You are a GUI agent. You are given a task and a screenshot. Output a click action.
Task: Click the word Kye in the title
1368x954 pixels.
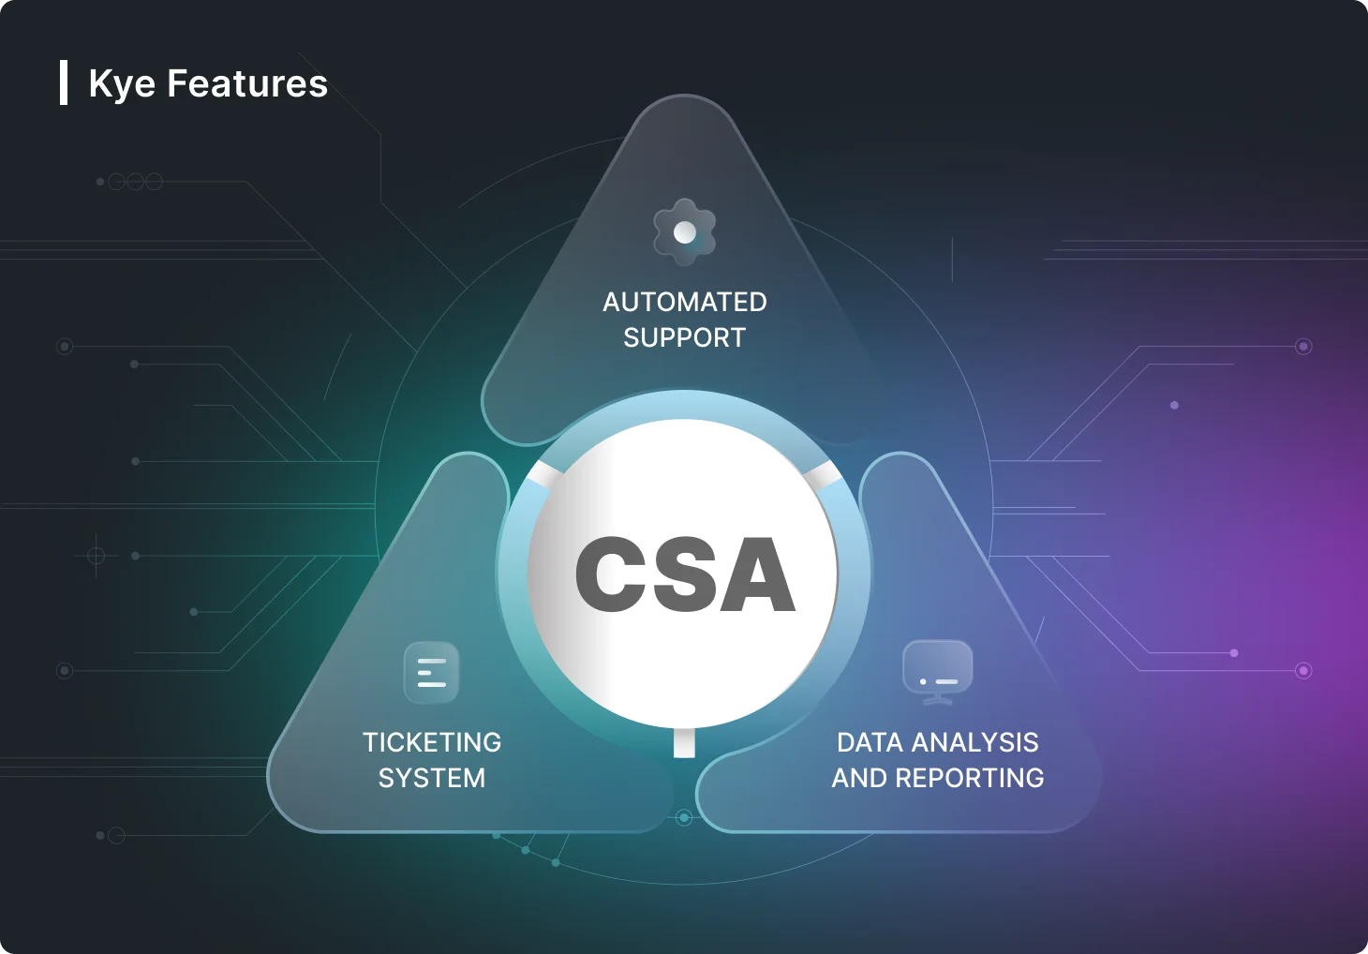point(122,84)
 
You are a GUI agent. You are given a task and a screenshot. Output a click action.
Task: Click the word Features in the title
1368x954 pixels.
point(247,83)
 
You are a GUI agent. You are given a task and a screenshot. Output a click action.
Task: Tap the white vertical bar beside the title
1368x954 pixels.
point(64,82)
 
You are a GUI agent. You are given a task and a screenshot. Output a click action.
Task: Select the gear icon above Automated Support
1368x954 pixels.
point(684,232)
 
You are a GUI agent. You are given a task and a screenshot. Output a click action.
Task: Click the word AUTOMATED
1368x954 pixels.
point(685,303)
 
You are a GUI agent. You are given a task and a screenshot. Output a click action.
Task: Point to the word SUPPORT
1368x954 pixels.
point(685,337)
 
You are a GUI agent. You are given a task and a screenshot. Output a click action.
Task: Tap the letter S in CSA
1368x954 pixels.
point(682,574)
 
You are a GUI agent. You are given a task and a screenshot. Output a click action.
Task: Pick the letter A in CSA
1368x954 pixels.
point(756,574)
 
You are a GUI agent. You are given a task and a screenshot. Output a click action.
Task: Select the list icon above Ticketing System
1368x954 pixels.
point(431,673)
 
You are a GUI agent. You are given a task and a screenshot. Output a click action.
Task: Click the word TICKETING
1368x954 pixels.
point(432,743)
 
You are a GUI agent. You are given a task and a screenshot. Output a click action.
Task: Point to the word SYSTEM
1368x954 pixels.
point(432,778)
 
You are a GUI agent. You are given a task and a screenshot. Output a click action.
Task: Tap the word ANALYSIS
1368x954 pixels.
point(974,743)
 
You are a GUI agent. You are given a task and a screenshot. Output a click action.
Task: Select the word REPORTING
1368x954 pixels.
point(970,778)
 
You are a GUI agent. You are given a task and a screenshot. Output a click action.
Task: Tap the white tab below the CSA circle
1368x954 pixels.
point(684,743)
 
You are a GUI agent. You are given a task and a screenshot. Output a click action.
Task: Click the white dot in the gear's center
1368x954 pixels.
point(684,232)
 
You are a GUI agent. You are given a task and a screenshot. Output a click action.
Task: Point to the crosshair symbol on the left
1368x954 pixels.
point(96,556)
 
